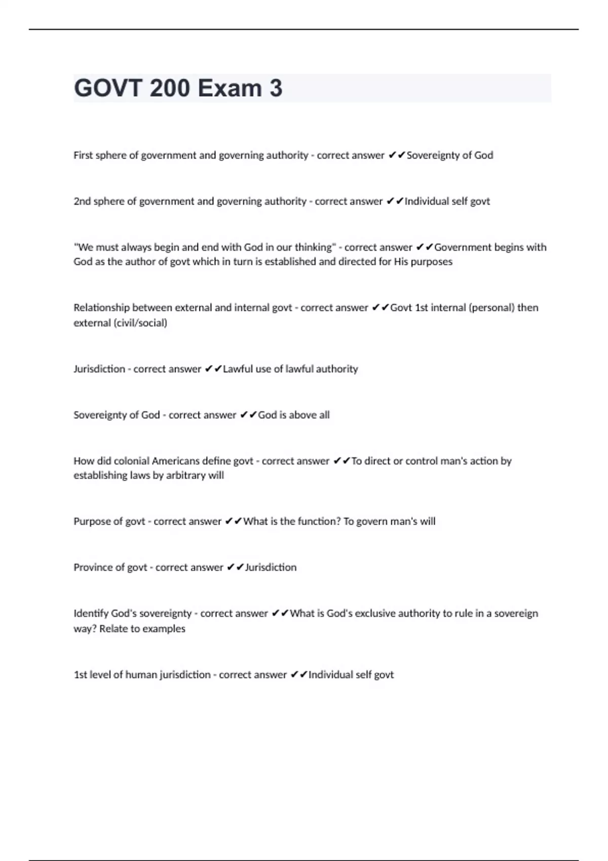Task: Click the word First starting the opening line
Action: [x=83, y=155]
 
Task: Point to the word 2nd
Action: [x=82, y=201]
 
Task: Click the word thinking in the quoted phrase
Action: [x=314, y=247]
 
